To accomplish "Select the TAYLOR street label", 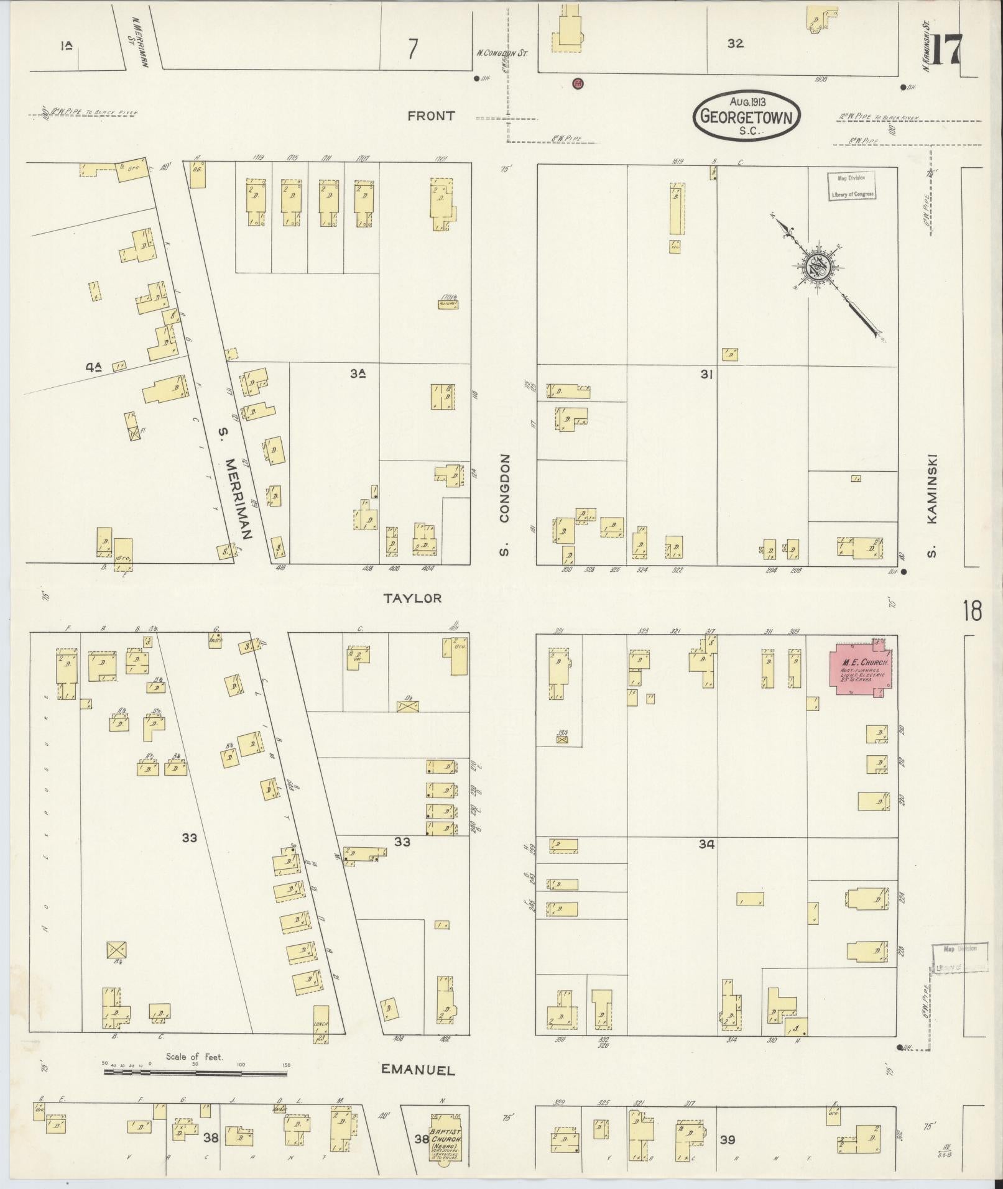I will tap(412, 598).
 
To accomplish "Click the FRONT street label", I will tap(431, 116).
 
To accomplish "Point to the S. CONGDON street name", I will tap(505, 505).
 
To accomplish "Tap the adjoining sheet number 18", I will tap(972, 611).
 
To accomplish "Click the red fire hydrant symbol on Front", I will tap(578, 82).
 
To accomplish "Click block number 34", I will tap(706, 844).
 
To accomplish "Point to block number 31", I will tap(706, 374).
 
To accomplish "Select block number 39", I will tap(727, 1140).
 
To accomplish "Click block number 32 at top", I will tap(735, 44).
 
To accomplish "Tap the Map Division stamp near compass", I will tap(851, 186).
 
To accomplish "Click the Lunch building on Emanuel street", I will tap(321, 1024).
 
